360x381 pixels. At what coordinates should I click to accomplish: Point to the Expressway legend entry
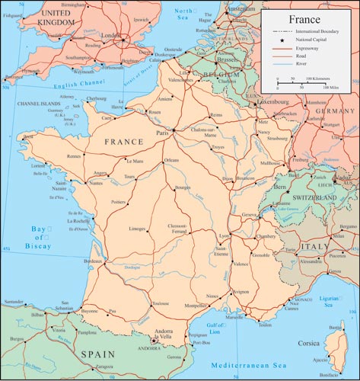click(x=308, y=48)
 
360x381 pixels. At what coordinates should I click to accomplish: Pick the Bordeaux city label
click(x=92, y=261)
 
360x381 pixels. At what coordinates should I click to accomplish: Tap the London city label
click(x=112, y=34)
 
